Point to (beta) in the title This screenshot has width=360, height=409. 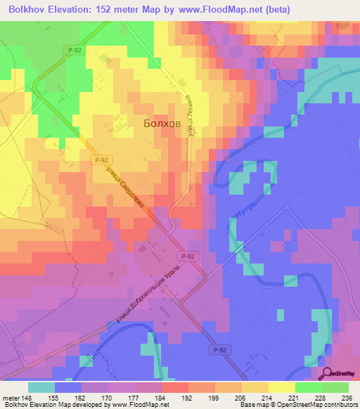tap(276, 8)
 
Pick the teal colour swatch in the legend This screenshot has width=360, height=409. tap(41, 387)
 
